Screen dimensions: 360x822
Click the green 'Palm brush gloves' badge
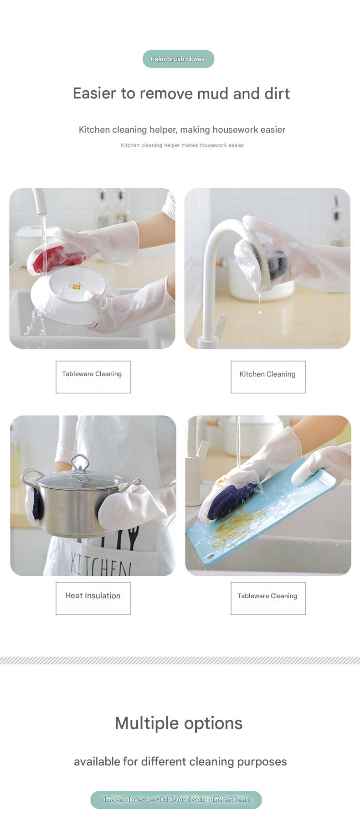point(178,59)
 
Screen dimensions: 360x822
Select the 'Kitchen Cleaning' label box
point(268,377)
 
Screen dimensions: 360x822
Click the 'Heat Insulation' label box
point(93,598)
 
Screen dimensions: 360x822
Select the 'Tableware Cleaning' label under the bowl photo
point(93,377)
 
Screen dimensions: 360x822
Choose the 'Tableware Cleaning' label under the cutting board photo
point(268,598)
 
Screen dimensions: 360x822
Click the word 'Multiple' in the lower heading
point(147,723)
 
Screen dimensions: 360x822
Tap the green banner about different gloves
point(176,800)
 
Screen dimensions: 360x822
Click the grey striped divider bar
point(180,660)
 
